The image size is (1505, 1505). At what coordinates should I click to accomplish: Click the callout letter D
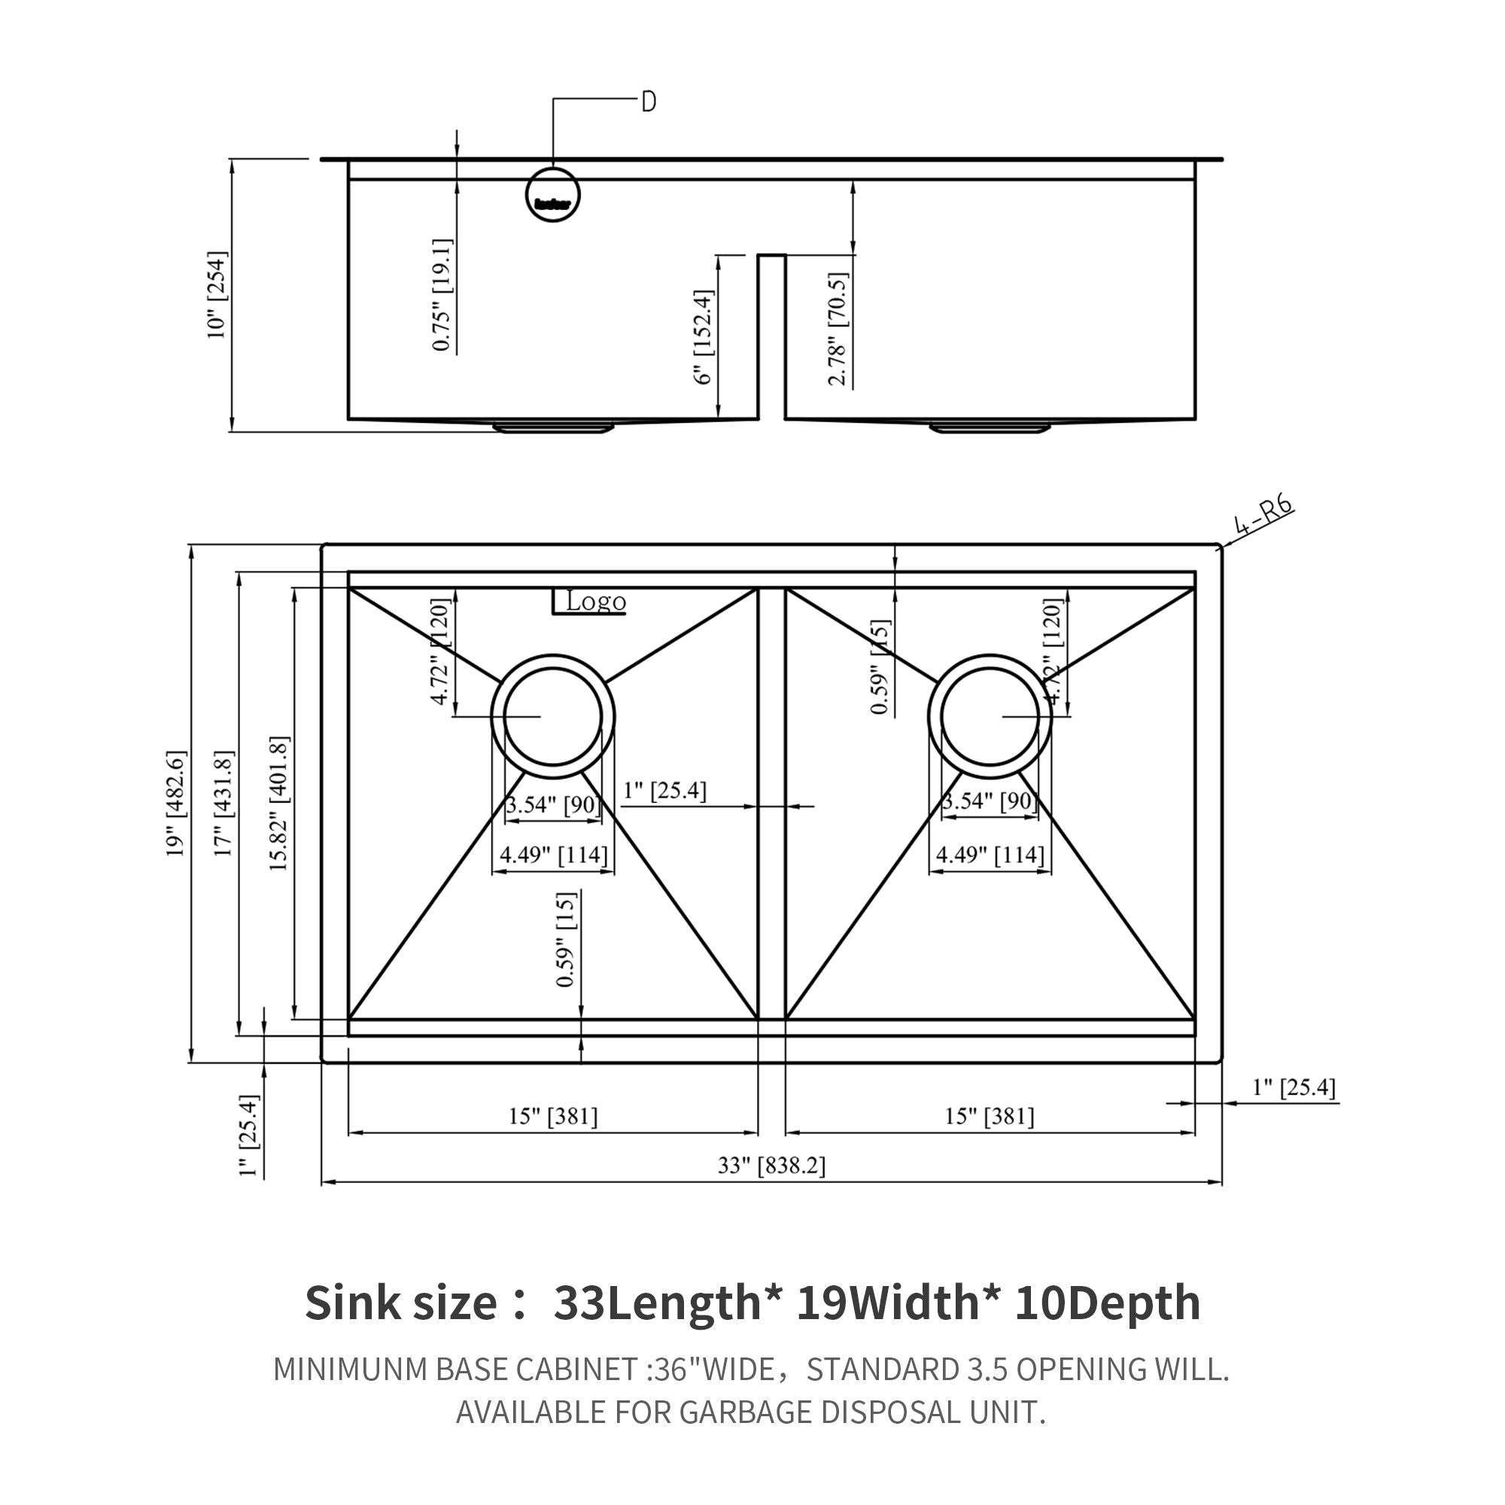point(648,102)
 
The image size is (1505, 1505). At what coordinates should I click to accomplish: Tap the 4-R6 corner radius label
point(1263,516)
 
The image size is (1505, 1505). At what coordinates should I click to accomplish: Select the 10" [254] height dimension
point(217,294)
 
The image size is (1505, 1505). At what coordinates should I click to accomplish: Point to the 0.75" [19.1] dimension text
point(442,294)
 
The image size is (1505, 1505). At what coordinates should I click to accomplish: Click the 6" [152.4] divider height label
point(703,336)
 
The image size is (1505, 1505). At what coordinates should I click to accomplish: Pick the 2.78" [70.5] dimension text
point(838,329)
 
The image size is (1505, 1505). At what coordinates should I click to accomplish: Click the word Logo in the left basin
point(596,601)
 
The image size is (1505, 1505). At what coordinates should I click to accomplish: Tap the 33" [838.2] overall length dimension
point(771,1166)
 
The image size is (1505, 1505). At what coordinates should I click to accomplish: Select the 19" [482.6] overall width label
point(176,803)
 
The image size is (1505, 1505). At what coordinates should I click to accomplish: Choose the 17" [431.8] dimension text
point(223,803)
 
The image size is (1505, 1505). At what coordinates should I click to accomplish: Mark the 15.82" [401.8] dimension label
point(279,803)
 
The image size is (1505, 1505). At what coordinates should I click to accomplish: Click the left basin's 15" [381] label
point(553,1116)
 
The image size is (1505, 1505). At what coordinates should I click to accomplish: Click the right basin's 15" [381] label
point(990,1116)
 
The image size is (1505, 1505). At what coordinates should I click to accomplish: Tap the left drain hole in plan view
point(553,716)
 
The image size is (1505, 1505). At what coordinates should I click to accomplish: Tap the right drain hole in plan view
point(990,716)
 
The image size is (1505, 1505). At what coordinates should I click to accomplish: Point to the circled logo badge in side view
point(553,195)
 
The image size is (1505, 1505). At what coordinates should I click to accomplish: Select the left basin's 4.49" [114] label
point(553,855)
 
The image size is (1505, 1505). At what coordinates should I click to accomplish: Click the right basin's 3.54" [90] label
point(990,801)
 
